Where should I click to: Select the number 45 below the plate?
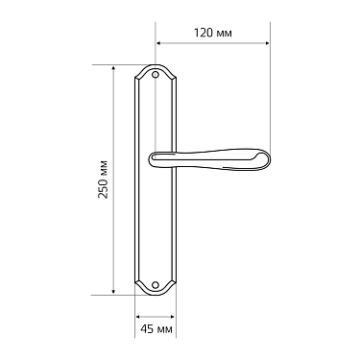coord(147,329)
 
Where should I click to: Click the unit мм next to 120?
coord(226,33)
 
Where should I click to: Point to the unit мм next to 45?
coord(164,329)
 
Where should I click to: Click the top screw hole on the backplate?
coord(156,74)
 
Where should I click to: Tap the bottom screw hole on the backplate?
coord(156,284)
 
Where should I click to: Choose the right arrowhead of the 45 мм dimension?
coord(172,316)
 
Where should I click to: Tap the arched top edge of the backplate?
coord(156,66)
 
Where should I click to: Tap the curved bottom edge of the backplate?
coord(156,293)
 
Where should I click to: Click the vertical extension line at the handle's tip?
coord(270,96)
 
